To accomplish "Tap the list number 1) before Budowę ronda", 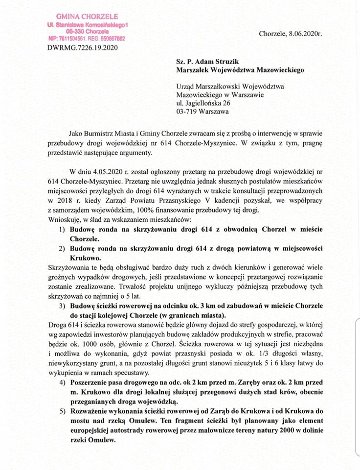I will point(63,230).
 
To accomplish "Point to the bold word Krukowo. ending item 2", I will point(87,258).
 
